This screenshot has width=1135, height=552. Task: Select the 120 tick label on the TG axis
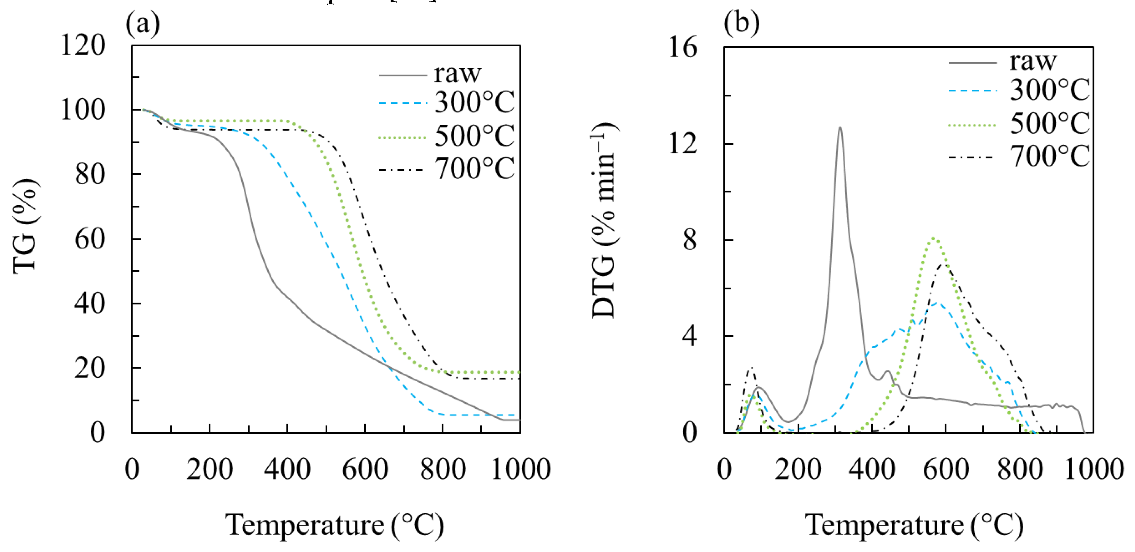(x=83, y=45)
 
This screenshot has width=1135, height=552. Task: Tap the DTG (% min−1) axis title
(x=604, y=220)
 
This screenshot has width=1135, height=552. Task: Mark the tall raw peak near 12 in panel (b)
(x=840, y=128)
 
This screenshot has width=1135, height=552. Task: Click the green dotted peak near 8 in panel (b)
(x=934, y=239)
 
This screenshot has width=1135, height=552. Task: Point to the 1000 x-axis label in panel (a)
(x=520, y=469)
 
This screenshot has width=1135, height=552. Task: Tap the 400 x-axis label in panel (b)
(x=872, y=469)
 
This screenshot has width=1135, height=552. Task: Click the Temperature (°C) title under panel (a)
(x=335, y=525)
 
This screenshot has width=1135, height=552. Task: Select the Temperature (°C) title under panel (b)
(x=914, y=525)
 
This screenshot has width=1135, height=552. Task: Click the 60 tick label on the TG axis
(x=90, y=239)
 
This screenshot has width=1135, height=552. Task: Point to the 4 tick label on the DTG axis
(x=689, y=336)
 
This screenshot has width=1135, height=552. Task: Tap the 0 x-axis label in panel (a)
(x=132, y=469)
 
